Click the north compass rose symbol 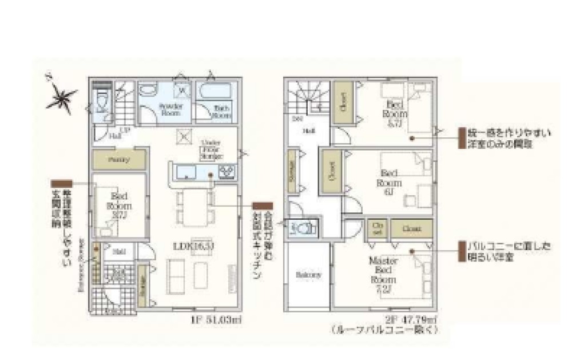(61, 98)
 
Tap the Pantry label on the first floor (118, 160)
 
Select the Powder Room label (170, 109)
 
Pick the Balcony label (308, 275)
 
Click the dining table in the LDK (196, 207)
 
